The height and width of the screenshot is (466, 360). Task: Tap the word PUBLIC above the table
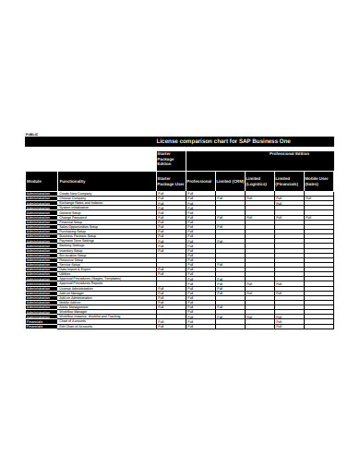(x=32, y=135)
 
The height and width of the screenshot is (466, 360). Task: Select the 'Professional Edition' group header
(x=289, y=153)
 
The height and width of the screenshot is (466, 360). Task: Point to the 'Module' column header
(x=34, y=182)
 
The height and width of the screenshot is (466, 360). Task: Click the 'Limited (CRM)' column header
(x=230, y=182)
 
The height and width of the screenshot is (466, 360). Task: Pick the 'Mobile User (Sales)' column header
(x=318, y=182)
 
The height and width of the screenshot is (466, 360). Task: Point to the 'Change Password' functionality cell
(x=74, y=216)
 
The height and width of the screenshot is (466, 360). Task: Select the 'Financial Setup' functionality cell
(x=73, y=221)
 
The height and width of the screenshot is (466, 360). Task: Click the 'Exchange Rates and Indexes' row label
(x=81, y=201)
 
